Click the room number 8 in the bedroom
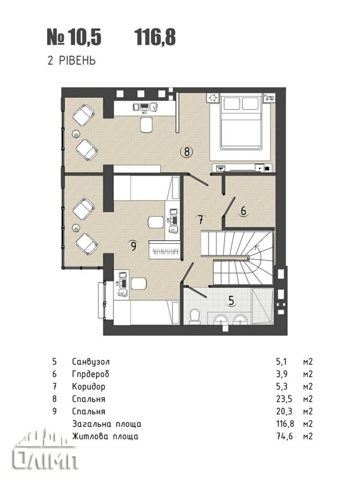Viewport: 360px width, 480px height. (x=187, y=152)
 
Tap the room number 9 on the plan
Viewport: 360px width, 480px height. (x=134, y=246)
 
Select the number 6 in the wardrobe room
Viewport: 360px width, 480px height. (x=243, y=211)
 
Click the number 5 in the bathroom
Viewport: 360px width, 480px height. (x=231, y=300)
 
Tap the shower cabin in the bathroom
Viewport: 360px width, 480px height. (x=262, y=306)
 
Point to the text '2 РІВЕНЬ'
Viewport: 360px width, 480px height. (x=72, y=60)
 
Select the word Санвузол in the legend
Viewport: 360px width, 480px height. (x=91, y=362)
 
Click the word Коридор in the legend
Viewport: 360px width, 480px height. (x=88, y=387)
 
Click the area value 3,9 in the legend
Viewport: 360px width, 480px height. (x=282, y=374)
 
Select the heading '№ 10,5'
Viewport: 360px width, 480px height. (x=74, y=38)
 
